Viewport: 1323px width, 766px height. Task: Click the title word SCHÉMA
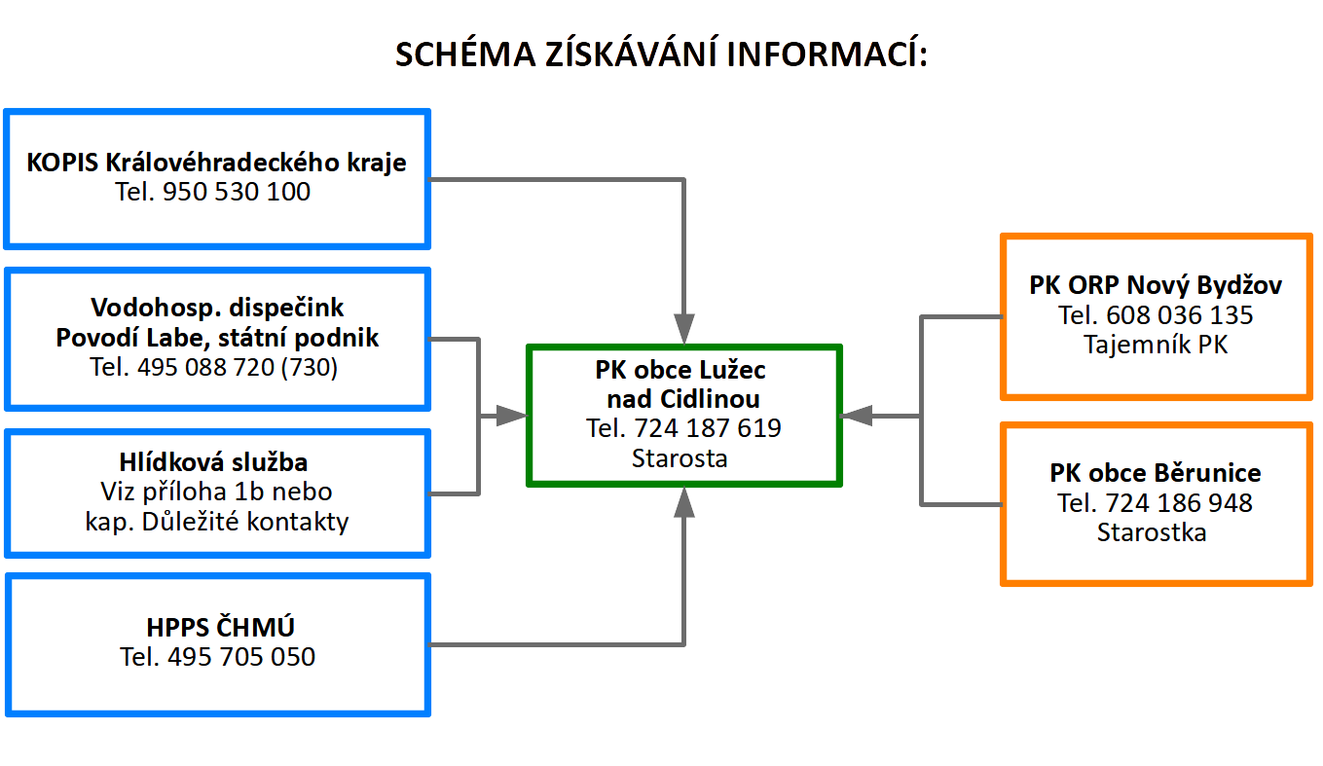(465, 54)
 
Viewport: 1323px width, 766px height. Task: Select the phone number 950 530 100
(237, 192)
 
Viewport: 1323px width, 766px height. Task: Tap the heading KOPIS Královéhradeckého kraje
(217, 163)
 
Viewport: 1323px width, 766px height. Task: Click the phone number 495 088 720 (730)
(238, 367)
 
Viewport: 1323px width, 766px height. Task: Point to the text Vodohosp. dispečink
(217, 308)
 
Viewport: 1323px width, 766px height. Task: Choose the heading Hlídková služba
(213, 462)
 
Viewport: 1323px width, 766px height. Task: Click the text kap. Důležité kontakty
(217, 522)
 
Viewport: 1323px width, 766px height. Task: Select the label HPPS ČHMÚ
(220, 627)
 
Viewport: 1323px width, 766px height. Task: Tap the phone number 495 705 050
(241, 657)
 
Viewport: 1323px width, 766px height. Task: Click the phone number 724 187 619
(708, 428)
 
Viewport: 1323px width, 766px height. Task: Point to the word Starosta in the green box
(680, 458)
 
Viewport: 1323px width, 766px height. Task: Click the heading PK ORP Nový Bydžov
(1156, 285)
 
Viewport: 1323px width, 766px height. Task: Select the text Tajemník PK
(1156, 345)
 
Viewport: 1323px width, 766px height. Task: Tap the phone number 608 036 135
(1180, 315)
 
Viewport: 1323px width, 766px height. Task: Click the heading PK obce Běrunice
(1156, 473)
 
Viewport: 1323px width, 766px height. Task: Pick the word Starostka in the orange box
(1152, 532)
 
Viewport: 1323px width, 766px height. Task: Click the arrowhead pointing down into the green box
(684, 328)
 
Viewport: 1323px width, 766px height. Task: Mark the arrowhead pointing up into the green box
(684, 502)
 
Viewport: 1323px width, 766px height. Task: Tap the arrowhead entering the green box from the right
(857, 416)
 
